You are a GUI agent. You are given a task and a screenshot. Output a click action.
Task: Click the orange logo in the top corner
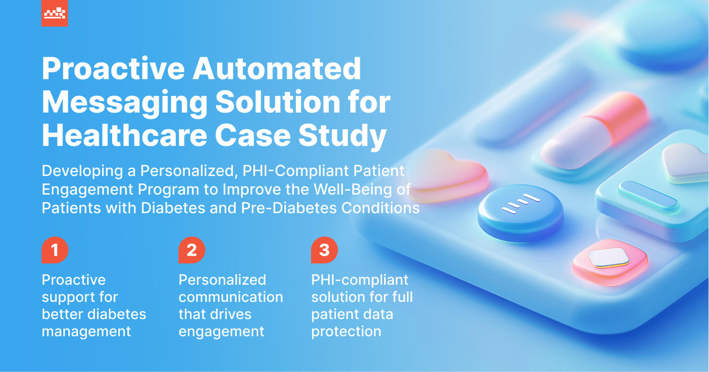[x=54, y=13]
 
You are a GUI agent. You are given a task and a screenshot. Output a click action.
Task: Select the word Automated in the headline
[x=277, y=69]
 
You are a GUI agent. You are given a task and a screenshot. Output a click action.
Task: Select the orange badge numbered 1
[x=55, y=250]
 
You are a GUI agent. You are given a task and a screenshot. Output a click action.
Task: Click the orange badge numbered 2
[x=192, y=250]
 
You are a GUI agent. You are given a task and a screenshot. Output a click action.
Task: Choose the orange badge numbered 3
[x=324, y=250]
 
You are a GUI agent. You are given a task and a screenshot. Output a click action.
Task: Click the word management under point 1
[x=86, y=331]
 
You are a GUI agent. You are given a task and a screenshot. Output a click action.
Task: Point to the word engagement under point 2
[x=221, y=331]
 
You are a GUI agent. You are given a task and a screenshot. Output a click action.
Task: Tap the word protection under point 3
[x=346, y=331]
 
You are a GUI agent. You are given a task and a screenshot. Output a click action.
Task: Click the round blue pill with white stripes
[x=521, y=212]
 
